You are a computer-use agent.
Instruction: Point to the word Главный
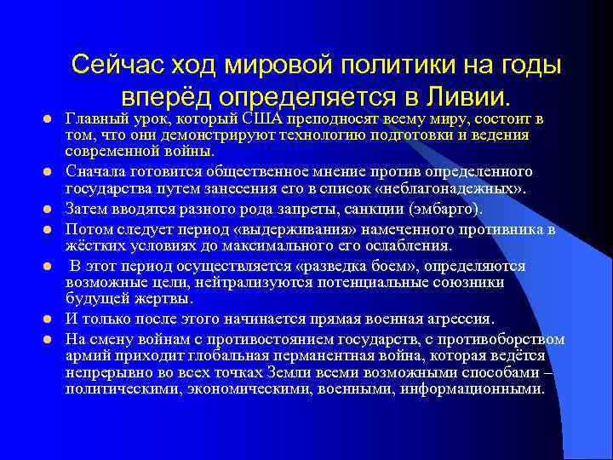pos(95,118)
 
